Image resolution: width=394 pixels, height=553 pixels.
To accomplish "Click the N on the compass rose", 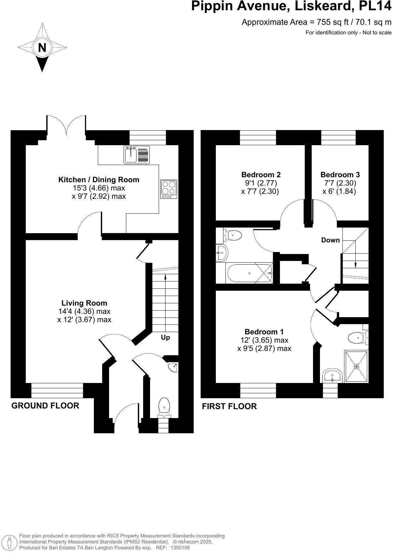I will click(x=42, y=48).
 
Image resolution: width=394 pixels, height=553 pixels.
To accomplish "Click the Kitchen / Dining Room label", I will click(x=99, y=180).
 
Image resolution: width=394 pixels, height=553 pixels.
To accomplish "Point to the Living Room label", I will click(x=84, y=303).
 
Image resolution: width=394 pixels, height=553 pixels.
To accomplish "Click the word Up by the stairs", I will click(x=165, y=338).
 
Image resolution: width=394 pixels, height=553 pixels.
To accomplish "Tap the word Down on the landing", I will click(x=331, y=240).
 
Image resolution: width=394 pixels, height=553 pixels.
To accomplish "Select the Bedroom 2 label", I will click(x=261, y=175).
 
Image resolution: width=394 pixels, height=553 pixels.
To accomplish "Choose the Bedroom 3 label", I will click(x=340, y=175).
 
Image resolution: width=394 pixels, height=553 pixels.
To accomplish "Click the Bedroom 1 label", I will click(x=264, y=332).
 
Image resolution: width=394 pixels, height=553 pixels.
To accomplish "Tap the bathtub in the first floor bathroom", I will click(x=250, y=273).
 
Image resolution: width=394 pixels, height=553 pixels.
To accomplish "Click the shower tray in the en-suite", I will click(x=356, y=366).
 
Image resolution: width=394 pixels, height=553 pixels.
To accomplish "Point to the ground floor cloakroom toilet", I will click(x=164, y=407).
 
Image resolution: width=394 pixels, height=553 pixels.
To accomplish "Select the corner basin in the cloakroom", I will click(x=173, y=367).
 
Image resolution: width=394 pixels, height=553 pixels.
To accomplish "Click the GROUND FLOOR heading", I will click(x=45, y=406).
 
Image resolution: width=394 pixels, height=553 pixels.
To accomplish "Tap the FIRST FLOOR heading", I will click(x=229, y=406).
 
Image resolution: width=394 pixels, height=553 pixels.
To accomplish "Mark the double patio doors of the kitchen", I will click(x=66, y=126).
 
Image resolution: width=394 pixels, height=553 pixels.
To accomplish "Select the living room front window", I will click(x=57, y=391).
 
